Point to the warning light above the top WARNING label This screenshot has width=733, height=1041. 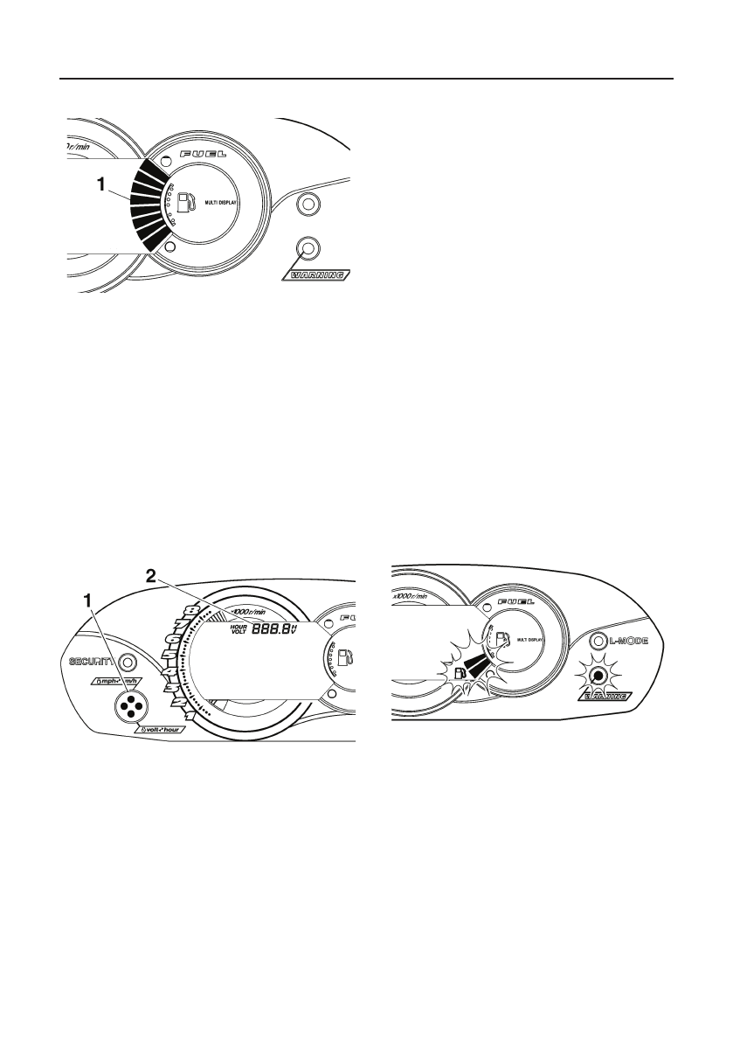(307, 247)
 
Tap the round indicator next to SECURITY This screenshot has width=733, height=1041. (127, 662)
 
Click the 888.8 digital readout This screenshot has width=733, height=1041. (271, 628)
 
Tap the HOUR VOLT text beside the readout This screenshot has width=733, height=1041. (239, 628)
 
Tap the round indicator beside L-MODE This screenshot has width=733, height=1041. (598, 642)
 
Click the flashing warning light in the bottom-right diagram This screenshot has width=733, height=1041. (598, 676)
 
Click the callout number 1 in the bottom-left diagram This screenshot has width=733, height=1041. (87, 601)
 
